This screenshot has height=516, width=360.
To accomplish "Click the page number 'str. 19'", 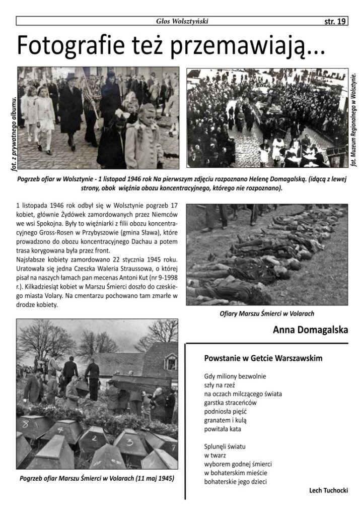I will click(334, 21).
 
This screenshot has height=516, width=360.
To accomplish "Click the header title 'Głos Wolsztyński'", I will click(182, 21).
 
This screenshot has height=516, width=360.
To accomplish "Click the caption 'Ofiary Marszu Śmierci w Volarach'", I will click(267, 313).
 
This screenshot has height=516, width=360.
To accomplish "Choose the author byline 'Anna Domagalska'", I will click(310, 331).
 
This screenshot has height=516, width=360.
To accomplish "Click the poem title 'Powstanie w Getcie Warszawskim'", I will click(263, 358).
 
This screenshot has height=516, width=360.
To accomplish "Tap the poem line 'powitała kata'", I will click(223, 429).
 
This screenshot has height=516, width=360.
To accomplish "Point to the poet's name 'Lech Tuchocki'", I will click(328, 490).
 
